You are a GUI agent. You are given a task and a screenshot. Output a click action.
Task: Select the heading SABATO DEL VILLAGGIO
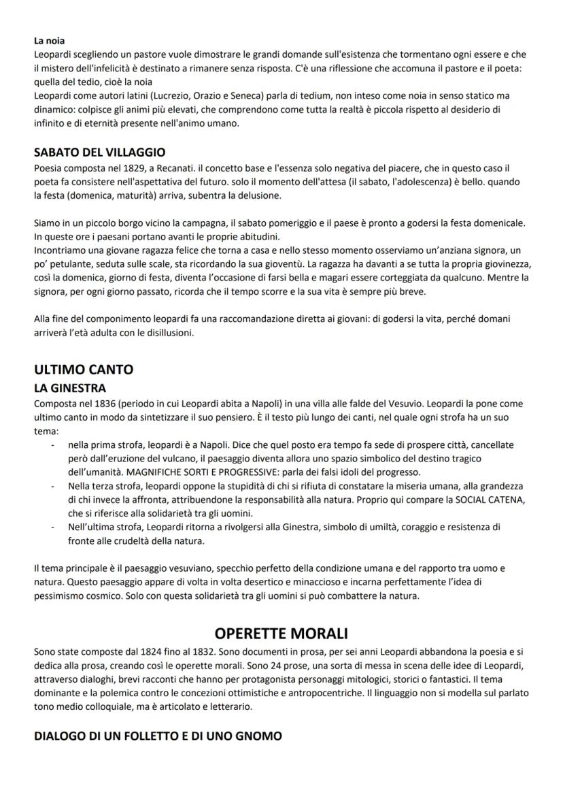point(100,152)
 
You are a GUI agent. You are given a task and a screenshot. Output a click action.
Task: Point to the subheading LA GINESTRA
point(70,388)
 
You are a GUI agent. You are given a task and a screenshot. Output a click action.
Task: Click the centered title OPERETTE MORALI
point(281,634)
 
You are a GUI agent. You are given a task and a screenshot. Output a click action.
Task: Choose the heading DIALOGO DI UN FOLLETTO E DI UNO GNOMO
point(158,736)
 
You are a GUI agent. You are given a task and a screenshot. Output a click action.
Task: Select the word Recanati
point(177,167)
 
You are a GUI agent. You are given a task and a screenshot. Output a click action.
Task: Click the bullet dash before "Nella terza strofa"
point(53,486)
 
